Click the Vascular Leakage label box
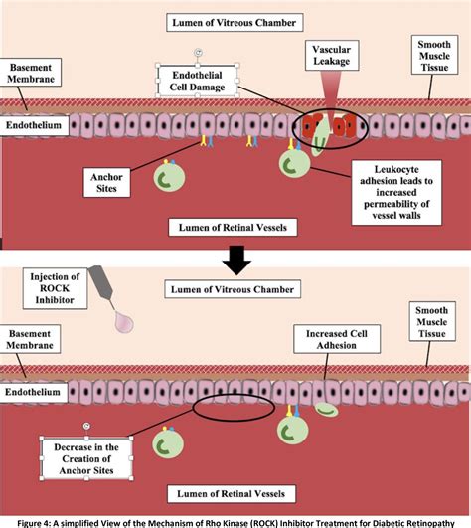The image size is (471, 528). (x=332, y=56)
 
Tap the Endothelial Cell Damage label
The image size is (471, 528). (x=197, y=81)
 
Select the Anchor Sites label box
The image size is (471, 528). (x=106, y=183)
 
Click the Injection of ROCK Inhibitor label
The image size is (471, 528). (x=55, y=288)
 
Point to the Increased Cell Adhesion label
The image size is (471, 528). (x=337, y=339)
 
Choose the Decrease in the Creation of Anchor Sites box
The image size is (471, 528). (x=86, y=458)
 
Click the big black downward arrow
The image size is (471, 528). (x=236, y=261)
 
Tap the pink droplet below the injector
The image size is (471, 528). (x=124, y=322)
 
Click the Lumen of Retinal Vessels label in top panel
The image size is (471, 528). (x=233, y=228)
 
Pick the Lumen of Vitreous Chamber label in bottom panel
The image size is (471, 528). (x=233, y=289)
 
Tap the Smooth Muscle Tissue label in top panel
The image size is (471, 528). (x=434, y=55)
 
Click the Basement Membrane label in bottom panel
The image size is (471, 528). (x=30, y=339)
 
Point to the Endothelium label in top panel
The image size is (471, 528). (x=34, y=125)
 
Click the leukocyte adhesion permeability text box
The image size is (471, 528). (x=396, y=193)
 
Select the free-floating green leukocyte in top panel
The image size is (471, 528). (x=169, y=177)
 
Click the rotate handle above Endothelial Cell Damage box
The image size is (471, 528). (x=198, y=53)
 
